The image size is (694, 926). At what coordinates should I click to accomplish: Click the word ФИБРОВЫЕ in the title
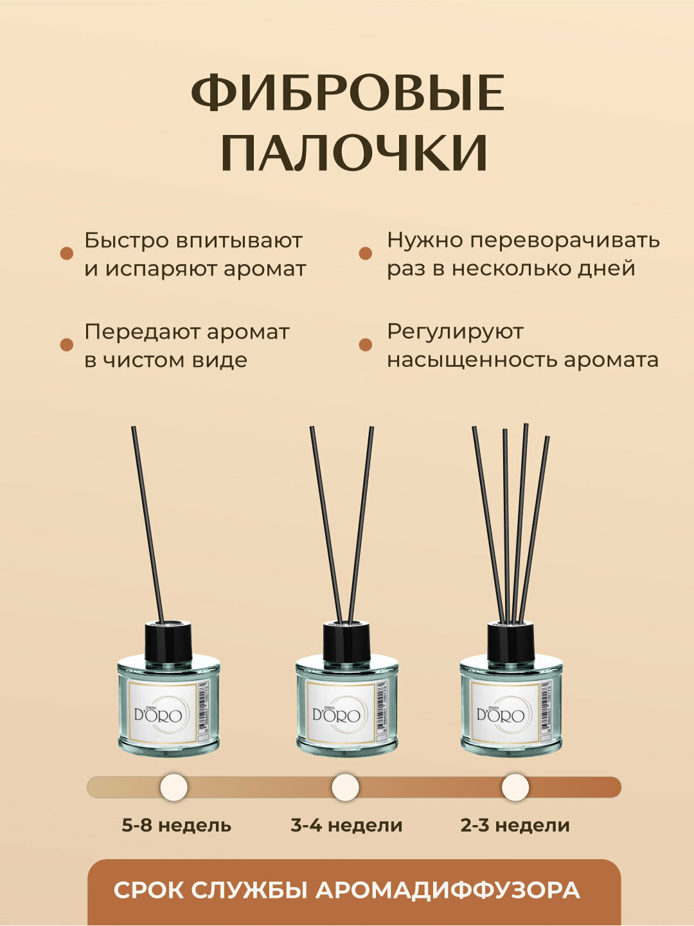click(x=348, y=94)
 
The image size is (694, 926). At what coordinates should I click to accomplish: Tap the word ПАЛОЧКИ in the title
click(x=354, y=154)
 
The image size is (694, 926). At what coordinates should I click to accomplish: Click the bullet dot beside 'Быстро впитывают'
click(x=67, y=253)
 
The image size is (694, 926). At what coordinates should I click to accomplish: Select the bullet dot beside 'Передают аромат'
click(x=67, y=345)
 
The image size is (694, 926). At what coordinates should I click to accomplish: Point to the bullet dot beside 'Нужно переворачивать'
click(x=366, y=253)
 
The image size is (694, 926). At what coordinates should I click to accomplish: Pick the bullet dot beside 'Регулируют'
click(x=366, y=345)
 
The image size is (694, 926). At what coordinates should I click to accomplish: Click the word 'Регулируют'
click(x=455, y=332)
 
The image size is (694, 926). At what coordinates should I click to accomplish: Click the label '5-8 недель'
click(x=176, y=825)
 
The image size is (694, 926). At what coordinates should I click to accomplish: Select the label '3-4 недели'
click(x=346, y=825)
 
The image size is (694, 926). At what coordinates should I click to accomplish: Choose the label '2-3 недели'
click(x=515, y=825)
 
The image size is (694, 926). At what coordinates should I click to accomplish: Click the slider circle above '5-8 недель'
click(x=173, y=787)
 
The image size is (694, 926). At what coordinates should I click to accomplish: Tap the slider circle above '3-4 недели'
click(x=345, y=787)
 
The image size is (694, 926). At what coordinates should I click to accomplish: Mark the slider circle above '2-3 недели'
click(x=515, y=787)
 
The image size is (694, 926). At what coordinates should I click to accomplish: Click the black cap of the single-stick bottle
click(x=168, y=643)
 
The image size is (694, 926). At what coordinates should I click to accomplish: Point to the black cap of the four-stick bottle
click(x=511, y=643)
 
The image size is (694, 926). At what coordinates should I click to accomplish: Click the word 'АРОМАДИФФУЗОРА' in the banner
click(x=448, y=891)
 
